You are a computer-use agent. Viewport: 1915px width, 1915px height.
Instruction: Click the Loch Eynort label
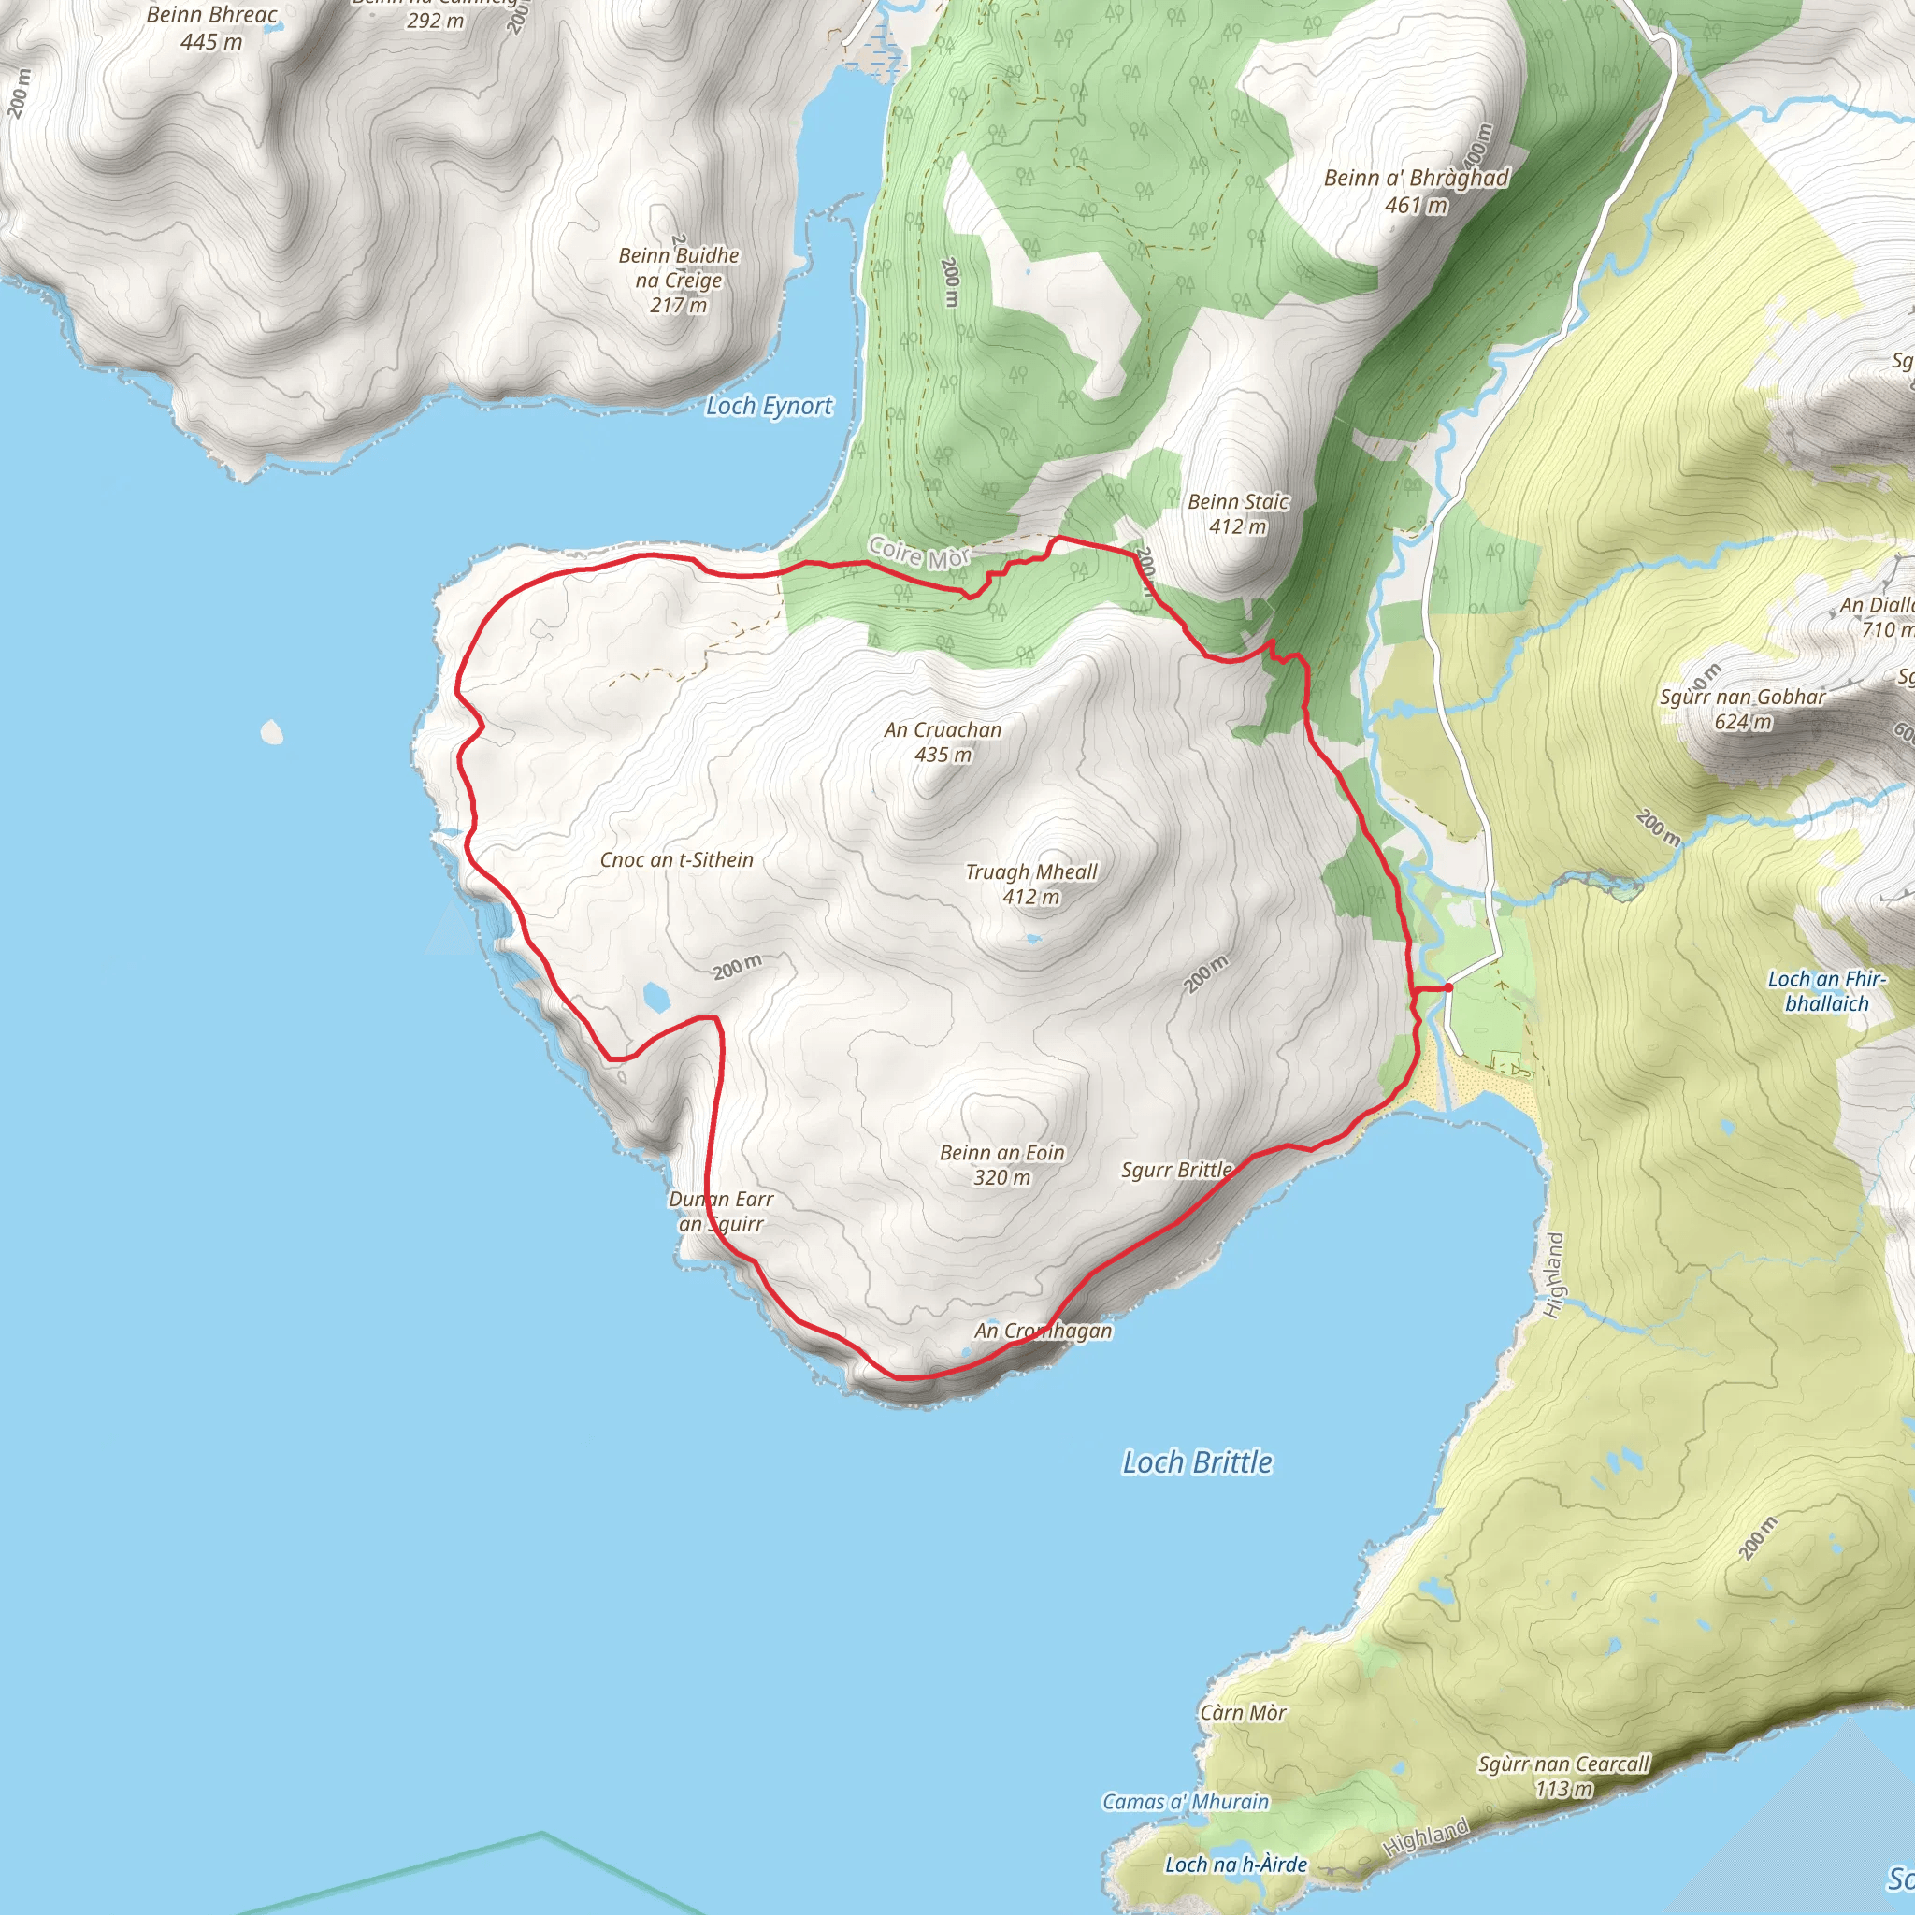point(769,406)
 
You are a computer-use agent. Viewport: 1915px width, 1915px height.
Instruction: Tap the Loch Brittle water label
point(1196,1462)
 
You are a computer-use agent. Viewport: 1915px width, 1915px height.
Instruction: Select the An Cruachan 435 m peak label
point(943,742)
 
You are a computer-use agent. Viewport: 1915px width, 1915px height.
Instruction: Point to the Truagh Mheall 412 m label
point(1030,885)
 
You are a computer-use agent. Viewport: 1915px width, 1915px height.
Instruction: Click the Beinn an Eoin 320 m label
point(1001,1165)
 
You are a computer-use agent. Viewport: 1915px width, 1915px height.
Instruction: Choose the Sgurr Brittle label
point(1176,1170)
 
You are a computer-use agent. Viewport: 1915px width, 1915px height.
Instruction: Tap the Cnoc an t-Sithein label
point(676,860)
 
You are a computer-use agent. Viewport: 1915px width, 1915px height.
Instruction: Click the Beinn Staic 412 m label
point(1238,513)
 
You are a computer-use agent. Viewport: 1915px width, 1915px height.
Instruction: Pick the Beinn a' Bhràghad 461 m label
point(1417,191)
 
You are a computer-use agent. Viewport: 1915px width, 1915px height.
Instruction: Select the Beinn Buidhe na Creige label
point(679,280)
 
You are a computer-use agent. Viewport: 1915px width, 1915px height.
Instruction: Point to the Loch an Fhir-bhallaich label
point(1827,991)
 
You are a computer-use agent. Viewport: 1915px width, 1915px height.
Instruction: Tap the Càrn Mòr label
point(1243,1713)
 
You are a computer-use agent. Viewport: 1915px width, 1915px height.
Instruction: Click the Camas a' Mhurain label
point(1186,1802)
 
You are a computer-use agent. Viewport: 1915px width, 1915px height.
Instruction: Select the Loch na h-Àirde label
point(1235,1865)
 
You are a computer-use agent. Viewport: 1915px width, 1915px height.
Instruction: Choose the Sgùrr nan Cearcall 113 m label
point(1564,1777)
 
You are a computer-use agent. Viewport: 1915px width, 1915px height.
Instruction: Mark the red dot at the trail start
point(1448,987)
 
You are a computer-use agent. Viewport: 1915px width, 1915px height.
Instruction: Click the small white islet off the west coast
point(271,732)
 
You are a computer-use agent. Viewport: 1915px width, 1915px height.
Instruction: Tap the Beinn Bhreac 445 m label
point(211,28)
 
